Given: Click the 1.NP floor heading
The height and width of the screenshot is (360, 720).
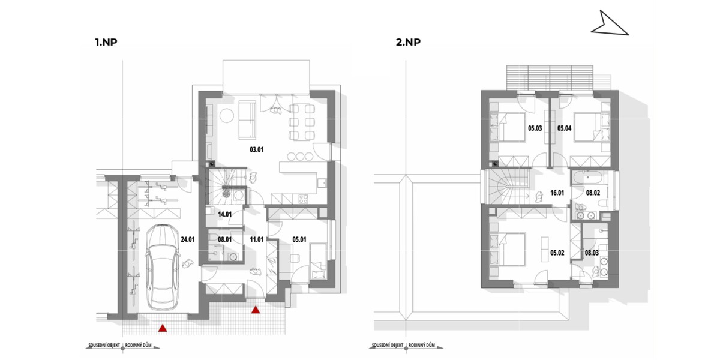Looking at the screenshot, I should coord(105,43).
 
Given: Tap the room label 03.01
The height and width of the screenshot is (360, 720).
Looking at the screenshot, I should coord(257,150).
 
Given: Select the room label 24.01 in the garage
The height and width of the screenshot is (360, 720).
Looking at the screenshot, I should coord(188,238).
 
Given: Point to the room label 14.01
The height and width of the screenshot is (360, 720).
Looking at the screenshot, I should coord(224,214).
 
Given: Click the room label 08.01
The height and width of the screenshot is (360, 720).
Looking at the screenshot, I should coord(224,238).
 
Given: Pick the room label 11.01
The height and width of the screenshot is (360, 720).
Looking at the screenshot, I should coord(257,238).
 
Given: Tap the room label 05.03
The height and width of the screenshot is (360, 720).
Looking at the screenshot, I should coord(535,128).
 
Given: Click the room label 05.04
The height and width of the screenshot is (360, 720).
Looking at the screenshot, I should coord(565,128).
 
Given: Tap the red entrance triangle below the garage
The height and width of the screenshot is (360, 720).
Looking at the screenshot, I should coord(163,328).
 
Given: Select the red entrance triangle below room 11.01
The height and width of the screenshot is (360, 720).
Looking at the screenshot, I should coord(256,310).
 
